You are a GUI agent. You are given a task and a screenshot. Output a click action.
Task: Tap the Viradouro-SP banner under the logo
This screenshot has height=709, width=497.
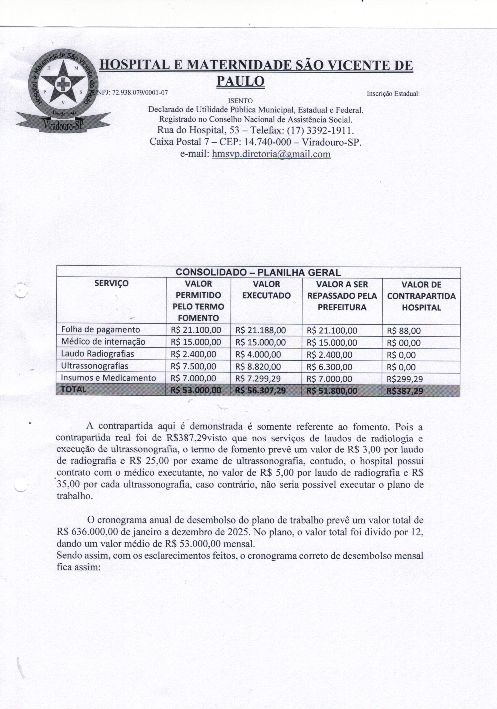point(63,125)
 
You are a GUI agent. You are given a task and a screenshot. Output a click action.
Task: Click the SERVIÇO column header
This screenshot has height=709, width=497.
point(111,283)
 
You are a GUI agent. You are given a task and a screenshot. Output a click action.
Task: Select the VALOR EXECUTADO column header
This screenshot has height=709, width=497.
point(266,290)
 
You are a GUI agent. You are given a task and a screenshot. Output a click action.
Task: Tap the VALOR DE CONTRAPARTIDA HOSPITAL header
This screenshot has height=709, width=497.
point(421,296)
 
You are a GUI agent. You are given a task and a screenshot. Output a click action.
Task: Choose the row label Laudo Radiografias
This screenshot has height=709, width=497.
point(98,354)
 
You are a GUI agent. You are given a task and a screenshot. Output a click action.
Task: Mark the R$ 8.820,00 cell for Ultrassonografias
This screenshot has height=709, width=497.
point(258,367)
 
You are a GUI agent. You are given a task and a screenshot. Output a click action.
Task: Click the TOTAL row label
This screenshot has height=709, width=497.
point(73,390)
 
